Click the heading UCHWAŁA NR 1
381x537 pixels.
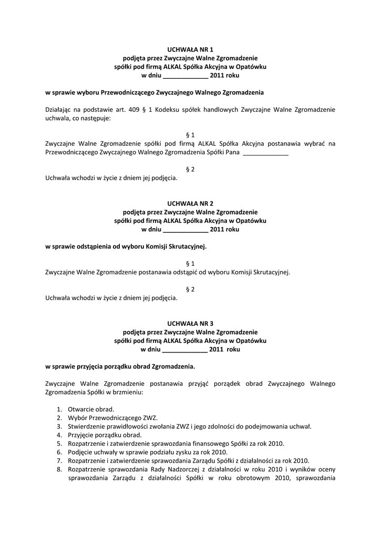pos(190,49)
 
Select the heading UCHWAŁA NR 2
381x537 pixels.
pos(190,203)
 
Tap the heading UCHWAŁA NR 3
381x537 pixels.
pos(190,324)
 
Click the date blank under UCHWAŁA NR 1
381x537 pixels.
pos(186,76)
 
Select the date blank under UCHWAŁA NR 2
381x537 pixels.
pos(186,229)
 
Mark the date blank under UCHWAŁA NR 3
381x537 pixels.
pos(186,350)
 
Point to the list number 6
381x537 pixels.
pos(59,452)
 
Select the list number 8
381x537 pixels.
pos(59,469)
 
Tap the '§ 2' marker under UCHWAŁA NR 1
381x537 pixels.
pos(190,169)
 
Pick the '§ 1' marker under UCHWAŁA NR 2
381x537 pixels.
pos(190,263)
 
